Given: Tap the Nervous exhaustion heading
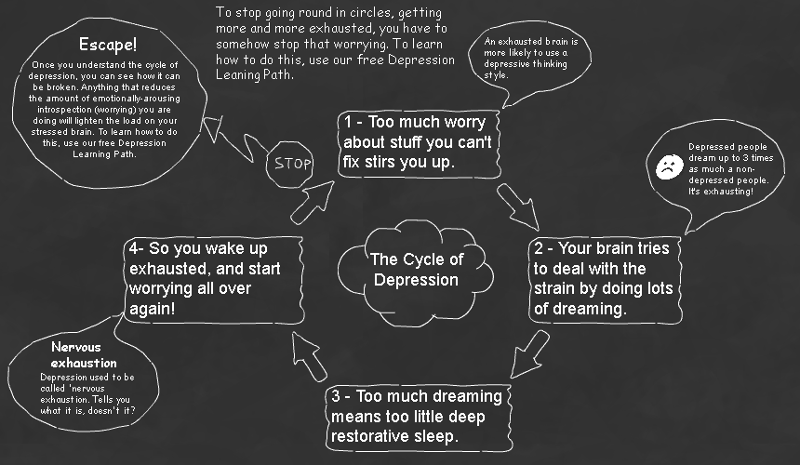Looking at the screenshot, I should pyautogui.click(x=85, y=354).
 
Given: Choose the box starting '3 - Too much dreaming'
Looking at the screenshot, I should pyautogui.click(x=420, y=416).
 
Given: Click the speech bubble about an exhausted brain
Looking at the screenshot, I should pyautogui.click(x=535, y=58).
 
